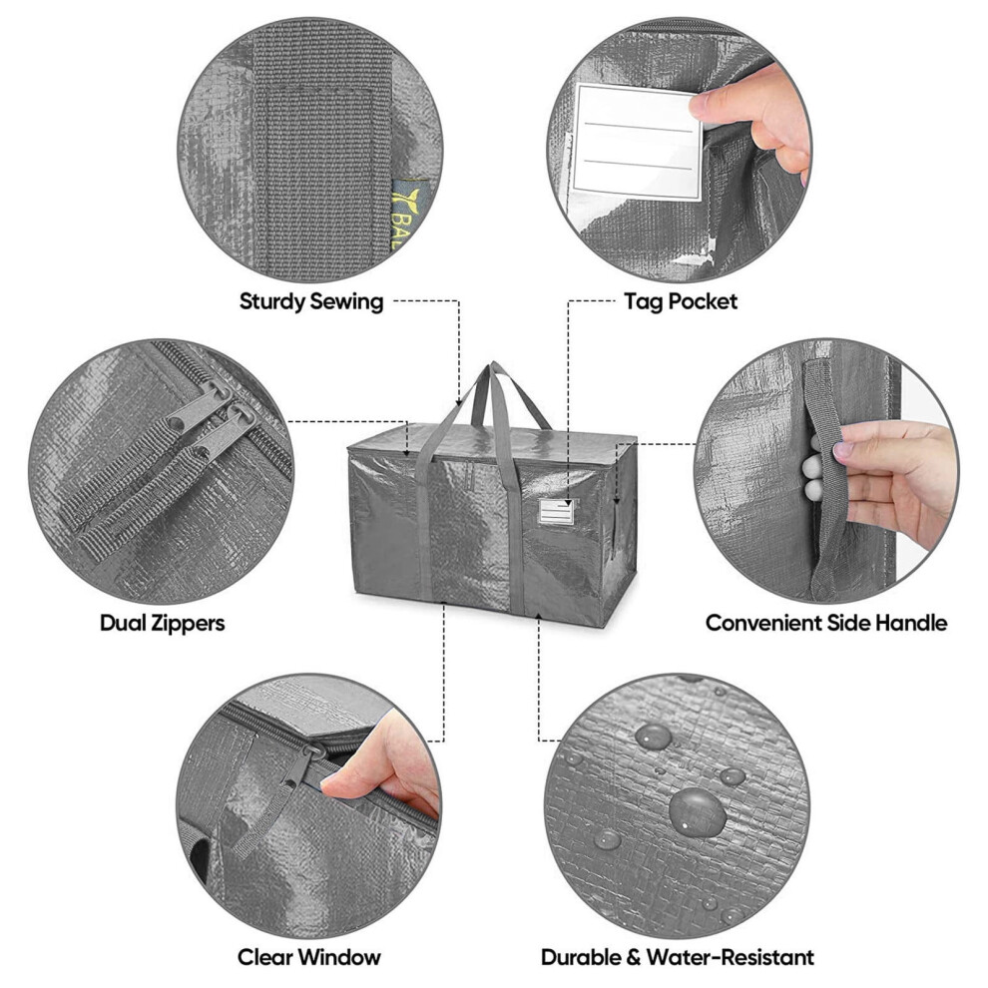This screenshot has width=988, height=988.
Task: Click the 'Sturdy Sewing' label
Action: [x=311, y=301]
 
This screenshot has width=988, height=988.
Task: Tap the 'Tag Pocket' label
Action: [x=681, y=301]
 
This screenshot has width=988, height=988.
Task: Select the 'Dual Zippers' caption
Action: [x=162, y=623]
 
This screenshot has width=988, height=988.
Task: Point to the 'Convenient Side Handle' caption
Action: [x=826, y=623]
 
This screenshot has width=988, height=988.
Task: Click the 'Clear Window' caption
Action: [x=308, y=957]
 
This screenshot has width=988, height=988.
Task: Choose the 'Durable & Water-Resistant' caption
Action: [x=678, y=957]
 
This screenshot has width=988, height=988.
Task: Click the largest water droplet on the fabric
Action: [x=697, y=811]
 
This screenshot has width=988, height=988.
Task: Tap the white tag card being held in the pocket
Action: [x=637, y=143]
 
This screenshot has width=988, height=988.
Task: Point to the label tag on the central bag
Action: [x=556, y=511]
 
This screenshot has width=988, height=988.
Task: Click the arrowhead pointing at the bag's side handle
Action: [x=616, y=501]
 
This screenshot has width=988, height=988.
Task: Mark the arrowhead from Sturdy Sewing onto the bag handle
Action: [x=459, y=401]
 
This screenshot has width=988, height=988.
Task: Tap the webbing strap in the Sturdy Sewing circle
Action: [x=322, y=152]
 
